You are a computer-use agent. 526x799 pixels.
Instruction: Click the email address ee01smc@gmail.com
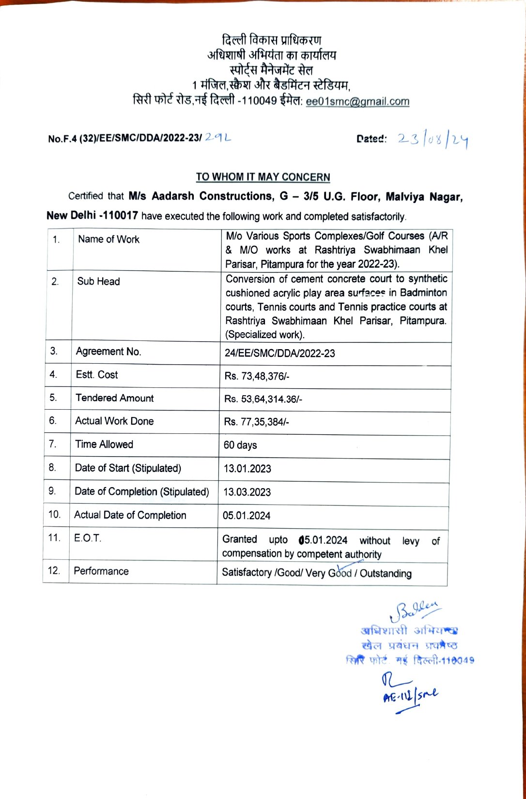click(357, 102)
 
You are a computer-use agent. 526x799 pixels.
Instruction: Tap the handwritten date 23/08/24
click(433, 140)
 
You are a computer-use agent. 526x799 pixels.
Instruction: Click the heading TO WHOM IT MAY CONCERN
click(263, 177)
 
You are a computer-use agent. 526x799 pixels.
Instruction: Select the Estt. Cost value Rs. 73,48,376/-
click(257, 377)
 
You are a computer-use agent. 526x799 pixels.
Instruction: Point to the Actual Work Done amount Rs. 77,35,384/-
click(256, 422)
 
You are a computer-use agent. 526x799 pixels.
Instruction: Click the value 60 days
click(240, 446)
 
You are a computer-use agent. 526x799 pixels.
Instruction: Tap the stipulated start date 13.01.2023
click(247, 469)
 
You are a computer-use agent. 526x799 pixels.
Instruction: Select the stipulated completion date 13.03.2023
click(247, 492)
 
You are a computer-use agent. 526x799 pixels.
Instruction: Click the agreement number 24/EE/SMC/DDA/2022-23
click(279, 353)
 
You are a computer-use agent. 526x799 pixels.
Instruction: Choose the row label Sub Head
click(98, 282)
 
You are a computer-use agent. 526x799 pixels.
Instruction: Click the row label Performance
click(101, 571)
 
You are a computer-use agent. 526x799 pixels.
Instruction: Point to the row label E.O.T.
click(88, 538)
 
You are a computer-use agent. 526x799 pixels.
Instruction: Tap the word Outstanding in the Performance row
click(386, 574)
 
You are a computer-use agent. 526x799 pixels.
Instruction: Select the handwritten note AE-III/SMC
click(410, 695)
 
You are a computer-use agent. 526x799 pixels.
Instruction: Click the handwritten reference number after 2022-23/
click(217, 138)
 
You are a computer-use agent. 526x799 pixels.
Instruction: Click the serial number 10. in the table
click(55, 515)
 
